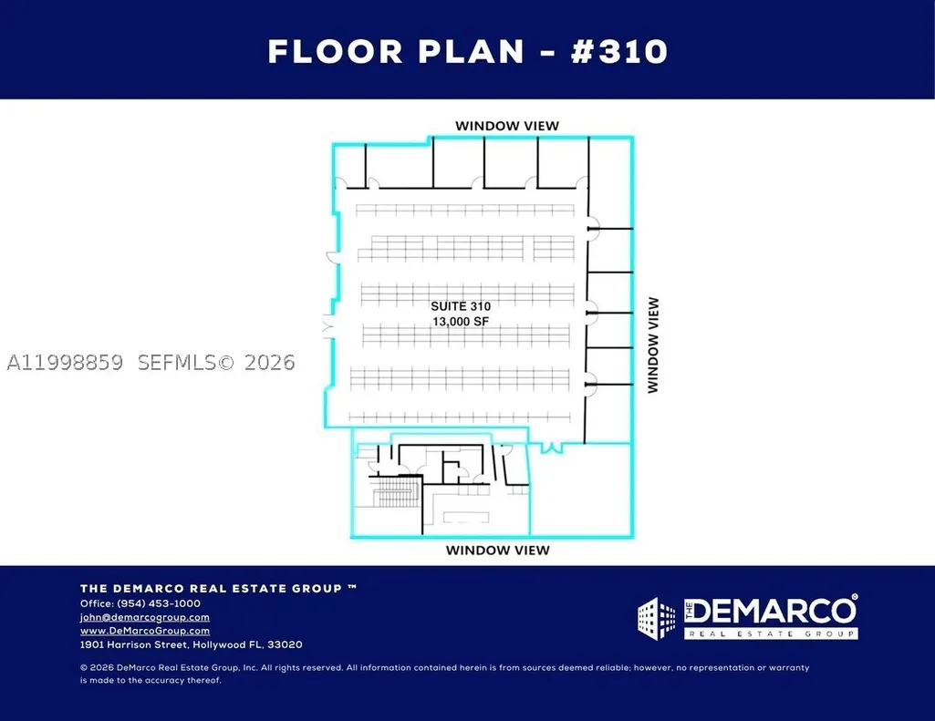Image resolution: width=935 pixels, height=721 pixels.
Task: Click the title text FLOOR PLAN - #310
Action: coord(467,51)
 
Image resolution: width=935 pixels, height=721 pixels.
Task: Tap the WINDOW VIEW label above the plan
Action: coord(507,126)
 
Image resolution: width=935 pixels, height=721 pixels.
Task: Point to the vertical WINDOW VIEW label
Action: coord(653,345)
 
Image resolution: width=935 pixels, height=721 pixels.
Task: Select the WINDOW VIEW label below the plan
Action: coord(498,550)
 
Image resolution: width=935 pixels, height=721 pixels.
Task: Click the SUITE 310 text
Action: coord(461,306)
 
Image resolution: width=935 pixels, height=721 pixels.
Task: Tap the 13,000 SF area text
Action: coord(461,322)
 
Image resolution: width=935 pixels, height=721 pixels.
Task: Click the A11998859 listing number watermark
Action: coord(65,362)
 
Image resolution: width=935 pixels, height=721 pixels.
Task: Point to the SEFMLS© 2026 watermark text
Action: coord(216,362)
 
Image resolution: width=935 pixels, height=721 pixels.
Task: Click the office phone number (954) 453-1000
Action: coord(159,603)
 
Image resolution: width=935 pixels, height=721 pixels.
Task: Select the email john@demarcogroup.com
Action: coord(145,617)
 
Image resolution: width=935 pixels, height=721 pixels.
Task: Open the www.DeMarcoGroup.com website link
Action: coord(145,631)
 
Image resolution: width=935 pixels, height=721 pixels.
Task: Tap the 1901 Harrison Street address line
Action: coord(192,644)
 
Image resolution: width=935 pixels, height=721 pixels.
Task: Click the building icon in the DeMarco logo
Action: coord(657,619)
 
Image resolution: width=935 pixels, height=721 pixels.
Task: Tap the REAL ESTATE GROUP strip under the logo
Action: coord(771,634)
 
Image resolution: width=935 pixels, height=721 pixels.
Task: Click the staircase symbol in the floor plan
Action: coord(397,491)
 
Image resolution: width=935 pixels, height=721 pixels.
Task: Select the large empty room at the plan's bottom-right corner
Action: coord(580,489)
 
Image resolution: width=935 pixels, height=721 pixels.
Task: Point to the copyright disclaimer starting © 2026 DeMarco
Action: coord(445,674)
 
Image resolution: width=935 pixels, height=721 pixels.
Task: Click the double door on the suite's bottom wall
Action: coord(552,448)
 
